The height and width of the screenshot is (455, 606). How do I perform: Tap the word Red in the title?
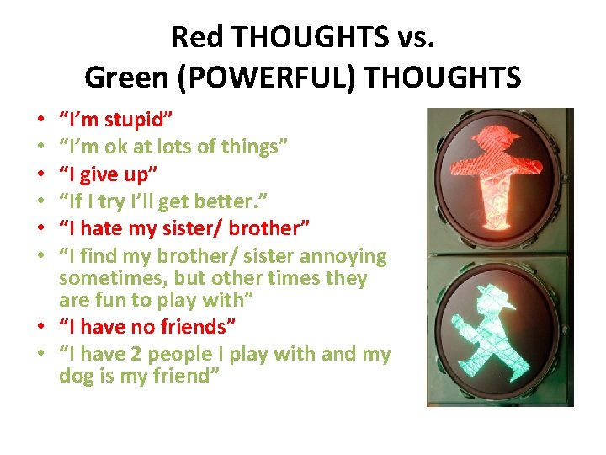(x=191, y=37)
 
